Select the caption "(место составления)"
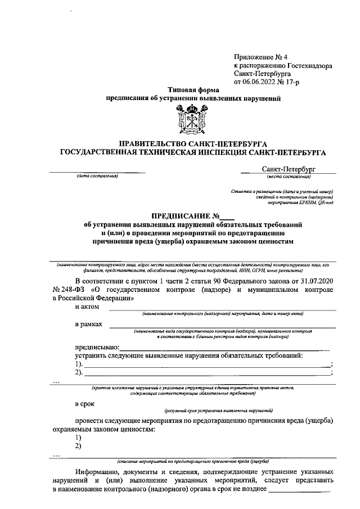pos(289,176)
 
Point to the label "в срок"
pos(85,404)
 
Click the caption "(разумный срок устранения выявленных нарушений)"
pos(219,411)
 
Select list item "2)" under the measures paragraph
pos(78,446)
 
